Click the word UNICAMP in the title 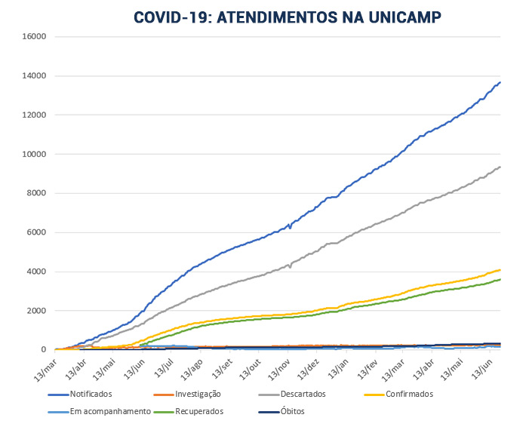click(x=401, y=17)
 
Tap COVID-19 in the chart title click(x=171, y=17)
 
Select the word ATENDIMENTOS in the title click(x=278, y=17)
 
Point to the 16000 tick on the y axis click(x=35, y=36)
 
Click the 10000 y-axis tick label click(x=35, y=154)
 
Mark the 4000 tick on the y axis click(x=37, y=272)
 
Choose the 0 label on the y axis click(x=45, y=350)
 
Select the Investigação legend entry click(x=198, y=394)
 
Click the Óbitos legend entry click(x=293, y=412)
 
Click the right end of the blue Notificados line click(x=500, y=82)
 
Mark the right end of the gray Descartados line click(x=500, y=167)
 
